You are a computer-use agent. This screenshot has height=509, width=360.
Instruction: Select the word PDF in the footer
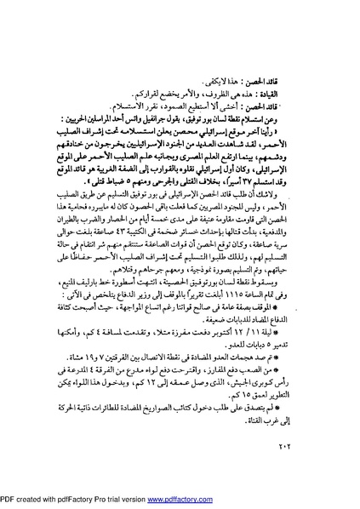click(9, 501)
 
